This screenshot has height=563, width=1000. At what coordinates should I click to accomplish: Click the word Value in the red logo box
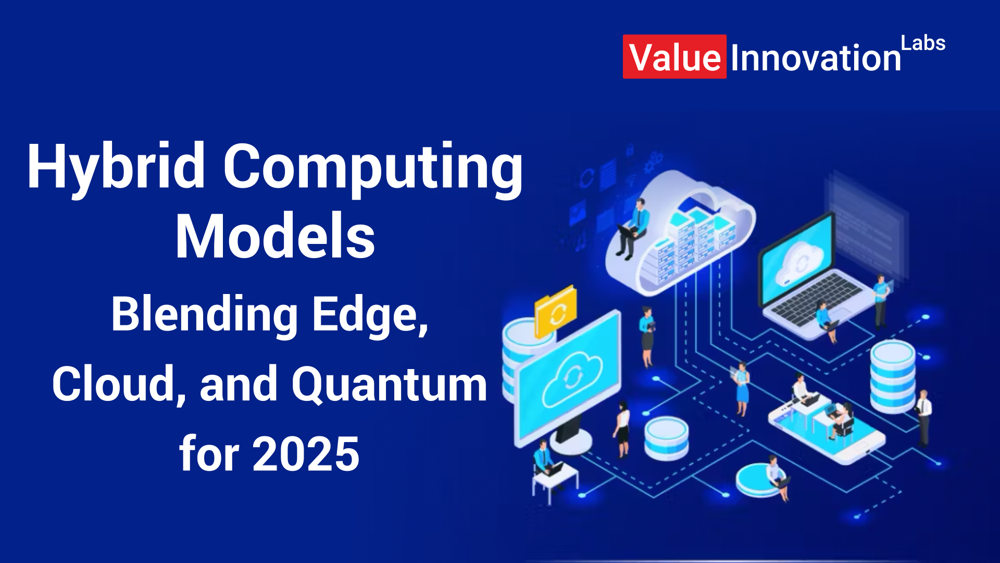point(675,57)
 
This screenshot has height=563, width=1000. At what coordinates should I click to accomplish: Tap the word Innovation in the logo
point(816,57)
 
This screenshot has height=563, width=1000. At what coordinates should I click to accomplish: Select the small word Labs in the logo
point(923,43)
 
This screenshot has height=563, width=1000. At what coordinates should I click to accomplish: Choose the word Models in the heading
point(275,236)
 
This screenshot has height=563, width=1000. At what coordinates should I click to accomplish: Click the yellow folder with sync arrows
point(556,311)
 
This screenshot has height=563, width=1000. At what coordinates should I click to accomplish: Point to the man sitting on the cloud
point(632,229)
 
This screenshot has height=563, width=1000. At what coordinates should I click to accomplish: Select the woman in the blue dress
point(742,388)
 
